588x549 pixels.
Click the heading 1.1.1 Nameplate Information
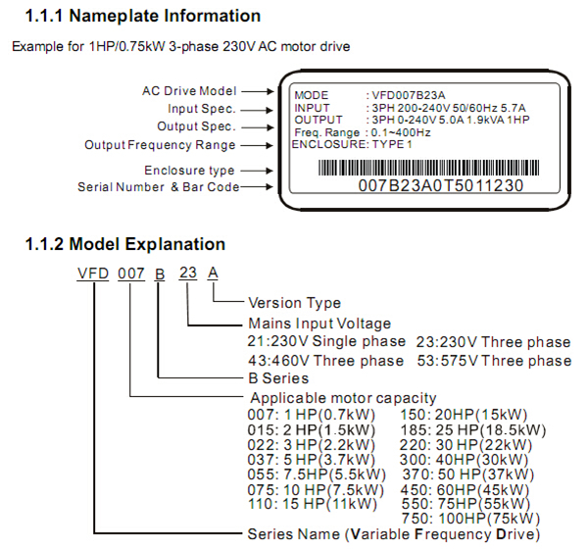[143, 16]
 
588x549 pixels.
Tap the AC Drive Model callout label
[190, 91]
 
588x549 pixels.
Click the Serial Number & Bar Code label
[159, 187]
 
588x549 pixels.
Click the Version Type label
[295, 303]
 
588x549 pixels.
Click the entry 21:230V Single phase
[326, 341]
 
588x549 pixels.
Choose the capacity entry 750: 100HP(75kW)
[471, 518]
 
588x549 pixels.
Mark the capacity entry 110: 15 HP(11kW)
[313, 504]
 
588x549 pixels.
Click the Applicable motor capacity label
[342, 397]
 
